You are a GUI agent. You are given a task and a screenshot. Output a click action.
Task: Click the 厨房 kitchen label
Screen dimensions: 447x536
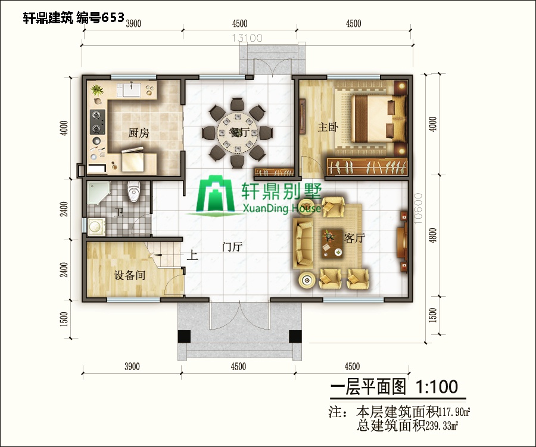[138, 133]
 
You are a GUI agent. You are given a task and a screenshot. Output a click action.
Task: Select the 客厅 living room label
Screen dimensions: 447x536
[354, 238]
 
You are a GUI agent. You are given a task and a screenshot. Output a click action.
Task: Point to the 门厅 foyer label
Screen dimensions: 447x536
[231, 247]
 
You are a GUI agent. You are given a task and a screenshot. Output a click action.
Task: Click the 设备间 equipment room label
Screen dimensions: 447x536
[130, 275]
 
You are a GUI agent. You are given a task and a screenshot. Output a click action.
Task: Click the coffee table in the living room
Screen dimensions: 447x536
[332, 243]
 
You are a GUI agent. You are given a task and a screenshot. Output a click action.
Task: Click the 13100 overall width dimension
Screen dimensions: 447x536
[247, 38]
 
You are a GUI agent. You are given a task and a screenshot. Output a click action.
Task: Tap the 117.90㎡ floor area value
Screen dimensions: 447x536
[455, 411]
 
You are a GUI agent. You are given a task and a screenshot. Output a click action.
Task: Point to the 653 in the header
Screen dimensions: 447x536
[113, 17]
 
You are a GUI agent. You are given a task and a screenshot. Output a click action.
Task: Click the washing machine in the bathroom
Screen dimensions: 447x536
[95, 227]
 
